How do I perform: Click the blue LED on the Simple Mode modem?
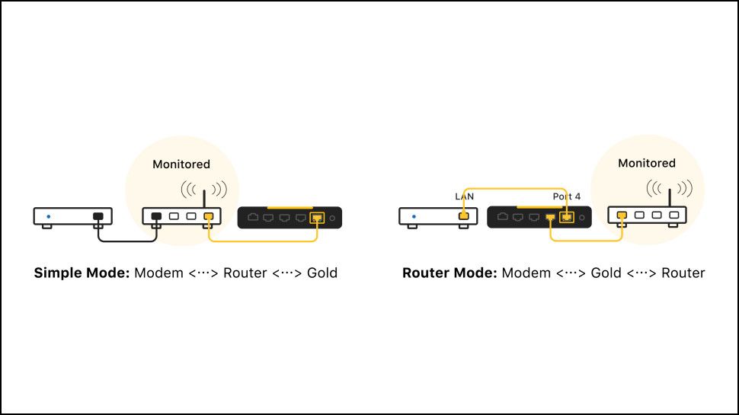(x=49, y=217)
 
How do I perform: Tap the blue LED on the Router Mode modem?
(x=414, y=217)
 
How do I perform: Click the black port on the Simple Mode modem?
(x=98, y=217)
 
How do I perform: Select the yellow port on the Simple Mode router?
(x=207, y=217)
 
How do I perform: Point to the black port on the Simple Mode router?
(x=156, y=217)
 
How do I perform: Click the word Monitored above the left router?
(x=181, y=164)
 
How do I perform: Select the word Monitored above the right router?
(x=646, y=163)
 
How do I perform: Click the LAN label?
(x=464, y=196)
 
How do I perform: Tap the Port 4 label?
(x=566, y=196)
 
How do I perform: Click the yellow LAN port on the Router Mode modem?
(x=463, y=217)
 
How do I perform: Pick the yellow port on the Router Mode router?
(x=622, y=216)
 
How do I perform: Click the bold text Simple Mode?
(x=82, y=273)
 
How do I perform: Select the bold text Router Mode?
(x=449, y=273)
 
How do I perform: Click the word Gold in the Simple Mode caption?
(x=322, y=273)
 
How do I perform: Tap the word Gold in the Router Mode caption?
(x=606, y=273)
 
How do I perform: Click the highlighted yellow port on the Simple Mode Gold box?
(x=317, y=218)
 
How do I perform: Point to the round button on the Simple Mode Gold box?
(x=332, y=218)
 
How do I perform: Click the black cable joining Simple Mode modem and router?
(x=127, y=241)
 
